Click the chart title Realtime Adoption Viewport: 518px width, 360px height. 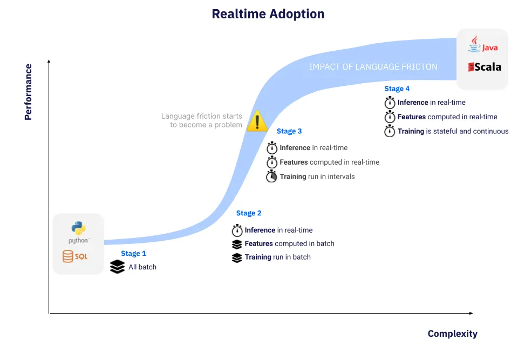[268, 14]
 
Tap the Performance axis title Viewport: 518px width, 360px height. [29, 92]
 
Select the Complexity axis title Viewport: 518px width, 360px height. [453, 334]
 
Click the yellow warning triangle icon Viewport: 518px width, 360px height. [257, 121]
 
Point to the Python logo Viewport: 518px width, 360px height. [78, 228]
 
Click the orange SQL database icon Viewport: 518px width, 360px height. [68, 256]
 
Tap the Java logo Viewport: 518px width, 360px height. [482, 44]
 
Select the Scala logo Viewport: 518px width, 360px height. [485, 67]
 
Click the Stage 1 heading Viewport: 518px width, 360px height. [133, 254]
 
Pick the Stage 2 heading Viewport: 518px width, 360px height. [249, 213]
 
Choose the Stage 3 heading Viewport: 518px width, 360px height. [289, 131]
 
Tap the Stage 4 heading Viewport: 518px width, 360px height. [397, 89]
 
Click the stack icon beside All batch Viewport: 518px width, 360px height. [117, 267]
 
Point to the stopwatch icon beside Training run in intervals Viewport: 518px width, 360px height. [271, 176]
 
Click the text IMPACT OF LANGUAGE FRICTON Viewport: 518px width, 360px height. [373, 67]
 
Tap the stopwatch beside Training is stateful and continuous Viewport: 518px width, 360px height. [390, 131]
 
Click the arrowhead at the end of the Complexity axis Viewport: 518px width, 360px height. [471, 313]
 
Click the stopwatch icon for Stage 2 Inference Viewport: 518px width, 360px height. [237, 230]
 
